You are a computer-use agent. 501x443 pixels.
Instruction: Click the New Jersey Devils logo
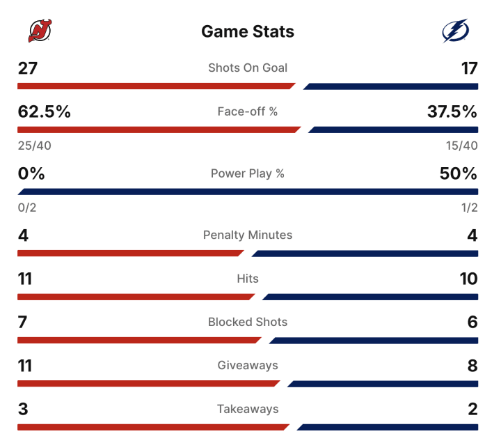[39, 31]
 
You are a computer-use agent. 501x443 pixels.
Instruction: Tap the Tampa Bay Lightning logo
[456, 31]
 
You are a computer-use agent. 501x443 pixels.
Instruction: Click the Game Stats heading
[248, 31]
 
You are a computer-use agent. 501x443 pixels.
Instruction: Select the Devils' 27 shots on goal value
[28, 68]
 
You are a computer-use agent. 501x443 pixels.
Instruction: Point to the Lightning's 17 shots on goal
[469, 68]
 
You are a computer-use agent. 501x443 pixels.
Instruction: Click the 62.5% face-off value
[45, 111]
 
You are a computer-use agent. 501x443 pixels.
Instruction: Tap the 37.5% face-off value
[452, 111]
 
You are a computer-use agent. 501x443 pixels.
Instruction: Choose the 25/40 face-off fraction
[34, 146]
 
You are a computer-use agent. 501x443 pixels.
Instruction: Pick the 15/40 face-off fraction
[461, 146]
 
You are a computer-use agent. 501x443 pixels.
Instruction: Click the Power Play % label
[248, 173]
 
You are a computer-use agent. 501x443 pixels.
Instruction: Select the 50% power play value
[459, 173]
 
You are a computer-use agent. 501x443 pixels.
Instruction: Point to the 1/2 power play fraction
[470, 208]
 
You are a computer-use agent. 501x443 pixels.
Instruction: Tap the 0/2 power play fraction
[26, 208]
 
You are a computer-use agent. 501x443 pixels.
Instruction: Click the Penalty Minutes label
[248, 235]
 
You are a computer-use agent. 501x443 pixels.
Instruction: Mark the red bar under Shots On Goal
[157, 86]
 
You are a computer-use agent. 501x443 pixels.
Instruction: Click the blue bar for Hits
[370, 297]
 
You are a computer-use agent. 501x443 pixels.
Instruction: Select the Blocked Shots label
[248, 322]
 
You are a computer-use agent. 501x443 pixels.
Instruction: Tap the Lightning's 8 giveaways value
[472, 366]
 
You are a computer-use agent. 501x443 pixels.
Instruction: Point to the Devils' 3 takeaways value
[23, 409]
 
